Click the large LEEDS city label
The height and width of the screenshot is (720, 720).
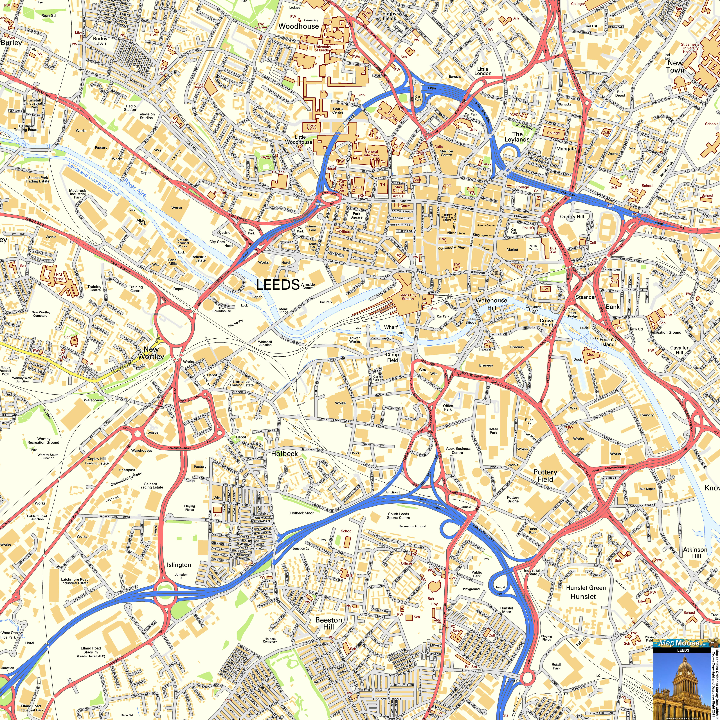pyautogui.click(x=278, y=285)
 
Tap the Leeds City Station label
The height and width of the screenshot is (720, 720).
pyautogui.click(x=408, y=297)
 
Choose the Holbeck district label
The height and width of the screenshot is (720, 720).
pyautogui.click(x=284, y=454)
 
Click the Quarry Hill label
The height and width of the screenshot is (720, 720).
pyautogui.click(x=572, y=217)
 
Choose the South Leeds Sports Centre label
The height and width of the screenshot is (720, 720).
pyautogui.click(x=398, y=516)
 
